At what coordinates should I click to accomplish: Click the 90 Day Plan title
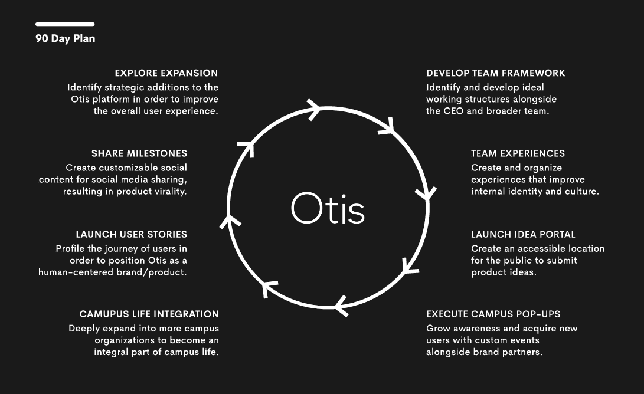(66, 38)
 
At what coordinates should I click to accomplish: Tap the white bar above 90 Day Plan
(65, 24)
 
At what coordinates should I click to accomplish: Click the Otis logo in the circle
(328, 208)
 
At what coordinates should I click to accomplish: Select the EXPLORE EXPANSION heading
(166, 73)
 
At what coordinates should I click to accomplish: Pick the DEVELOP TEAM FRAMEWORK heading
(496, 73)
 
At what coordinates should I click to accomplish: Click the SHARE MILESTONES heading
(139, 153)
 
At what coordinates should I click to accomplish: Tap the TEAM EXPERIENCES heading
(518, 153)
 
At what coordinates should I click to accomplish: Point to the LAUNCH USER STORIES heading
(132, 234)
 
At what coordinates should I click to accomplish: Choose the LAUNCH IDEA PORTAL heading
(523, 234)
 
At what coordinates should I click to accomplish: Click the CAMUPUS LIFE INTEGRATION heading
(149, 314)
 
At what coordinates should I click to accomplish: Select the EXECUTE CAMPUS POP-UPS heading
(493, 314)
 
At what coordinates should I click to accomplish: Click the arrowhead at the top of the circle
(314, 109)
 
